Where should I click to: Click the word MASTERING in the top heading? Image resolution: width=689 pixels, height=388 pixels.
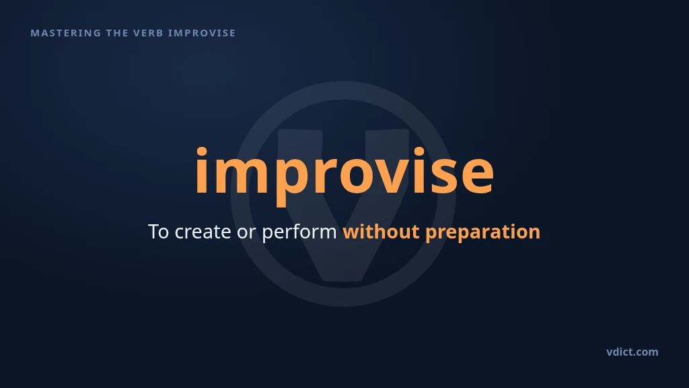point(66,33)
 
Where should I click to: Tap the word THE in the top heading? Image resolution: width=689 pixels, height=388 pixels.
point(117,33)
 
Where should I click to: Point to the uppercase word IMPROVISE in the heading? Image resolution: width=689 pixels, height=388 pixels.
point(202,33)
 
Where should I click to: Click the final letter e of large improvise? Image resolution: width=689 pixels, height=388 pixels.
point(477,176)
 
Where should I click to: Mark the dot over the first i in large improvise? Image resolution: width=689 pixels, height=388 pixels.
point(201,152)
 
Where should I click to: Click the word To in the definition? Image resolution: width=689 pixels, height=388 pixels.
point(159,232)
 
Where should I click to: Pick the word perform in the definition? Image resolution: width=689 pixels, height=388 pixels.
point(299,232)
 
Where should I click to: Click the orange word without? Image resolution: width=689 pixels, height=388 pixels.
point(381,232)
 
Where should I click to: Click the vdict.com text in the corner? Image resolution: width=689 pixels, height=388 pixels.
point(632,352)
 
